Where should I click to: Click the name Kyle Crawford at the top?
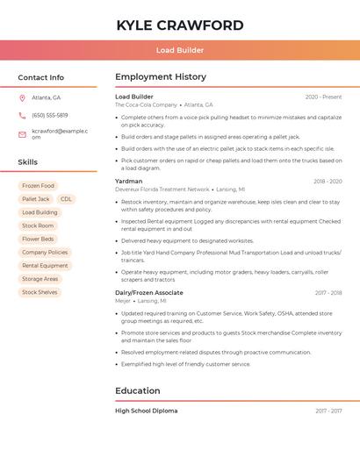pos(179,25)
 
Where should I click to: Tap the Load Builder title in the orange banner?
pos(179,51)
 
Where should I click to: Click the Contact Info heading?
pos(40,77)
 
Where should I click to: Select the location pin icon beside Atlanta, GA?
pos(22,98)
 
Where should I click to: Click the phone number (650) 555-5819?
pos(50,115)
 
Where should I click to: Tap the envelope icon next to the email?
pos(22,134)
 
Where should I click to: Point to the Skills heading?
pos(28,162)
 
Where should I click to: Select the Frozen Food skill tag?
pos(38,186)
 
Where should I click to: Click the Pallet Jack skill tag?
pos(36,199)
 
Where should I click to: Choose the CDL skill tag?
pos(67,199)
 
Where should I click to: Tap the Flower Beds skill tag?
pos(38,239)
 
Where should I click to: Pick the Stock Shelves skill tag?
pos(40,292)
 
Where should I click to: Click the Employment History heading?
pos(161,77)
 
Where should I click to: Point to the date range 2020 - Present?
pos(323,97)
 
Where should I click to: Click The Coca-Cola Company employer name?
pos(146,104)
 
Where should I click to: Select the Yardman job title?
pos(128,182)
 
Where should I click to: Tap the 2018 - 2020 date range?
pos(328,182)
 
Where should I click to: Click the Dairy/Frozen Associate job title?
pos(149,293)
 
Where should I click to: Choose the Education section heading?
pos(138,390)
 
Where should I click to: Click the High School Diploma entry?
pos(146,411)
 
